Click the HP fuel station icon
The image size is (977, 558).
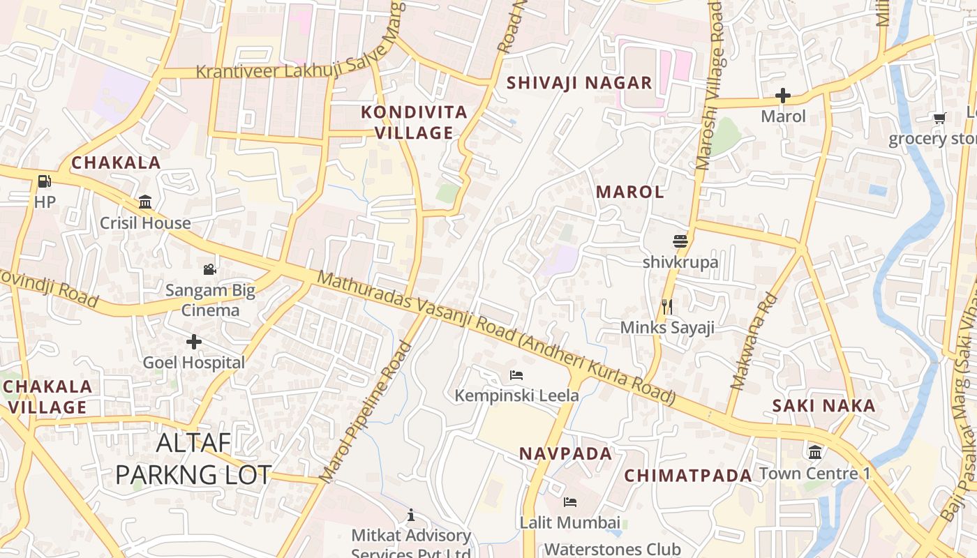(x=44, y=182)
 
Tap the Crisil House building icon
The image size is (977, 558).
(x=145, y=202)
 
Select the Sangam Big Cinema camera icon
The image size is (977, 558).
(x=209, y=269)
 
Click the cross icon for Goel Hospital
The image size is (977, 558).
(x=194, y=342)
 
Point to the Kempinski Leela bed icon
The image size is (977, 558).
(x=516, y=375)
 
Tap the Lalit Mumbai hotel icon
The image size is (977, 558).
(x=570, y=502)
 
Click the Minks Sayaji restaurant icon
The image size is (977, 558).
(x=667, y=306)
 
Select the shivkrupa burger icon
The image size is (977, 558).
(x=680, y=241)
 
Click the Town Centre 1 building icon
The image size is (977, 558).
(x=815, y=452)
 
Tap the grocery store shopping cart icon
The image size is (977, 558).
(x=939, y=118)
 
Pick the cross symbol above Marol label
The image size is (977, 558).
(x=783, y=96)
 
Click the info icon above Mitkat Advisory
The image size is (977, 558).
(x=411, y=515)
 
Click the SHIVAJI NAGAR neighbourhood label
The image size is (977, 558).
(x=579, y=82)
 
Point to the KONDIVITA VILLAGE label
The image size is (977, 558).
(x=415, y=122)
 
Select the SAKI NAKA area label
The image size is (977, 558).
(x=823, y=405)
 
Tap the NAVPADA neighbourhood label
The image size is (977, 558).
(x=565, y=453)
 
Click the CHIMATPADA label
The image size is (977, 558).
(x=688, y=475)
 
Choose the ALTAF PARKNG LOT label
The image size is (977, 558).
(x=193, y=458)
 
